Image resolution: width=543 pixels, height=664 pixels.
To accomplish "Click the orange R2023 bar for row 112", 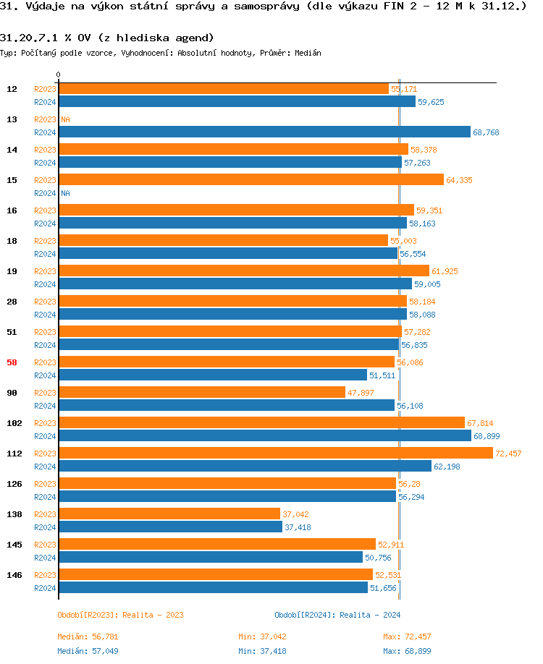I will [275, 454].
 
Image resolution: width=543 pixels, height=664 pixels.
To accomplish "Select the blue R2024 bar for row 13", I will [264, 132].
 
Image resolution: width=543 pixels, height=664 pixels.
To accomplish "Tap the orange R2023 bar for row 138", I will [169, 514].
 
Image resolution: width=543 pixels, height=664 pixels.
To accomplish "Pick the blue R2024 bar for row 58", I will [213, 375].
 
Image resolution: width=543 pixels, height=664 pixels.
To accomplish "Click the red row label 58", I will [12, 362].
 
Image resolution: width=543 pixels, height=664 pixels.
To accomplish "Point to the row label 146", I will [14, 575].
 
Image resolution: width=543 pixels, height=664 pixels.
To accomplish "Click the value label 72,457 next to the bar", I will [508, 454].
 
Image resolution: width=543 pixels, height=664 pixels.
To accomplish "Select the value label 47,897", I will [361, 393].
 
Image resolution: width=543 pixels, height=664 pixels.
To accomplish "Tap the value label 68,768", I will [486, 132].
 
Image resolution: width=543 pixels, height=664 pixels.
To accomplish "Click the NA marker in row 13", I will [65, 119].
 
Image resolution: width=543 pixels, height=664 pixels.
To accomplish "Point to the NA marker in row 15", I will [65, 193].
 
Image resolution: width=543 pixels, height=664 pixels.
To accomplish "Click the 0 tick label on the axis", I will [59, 75].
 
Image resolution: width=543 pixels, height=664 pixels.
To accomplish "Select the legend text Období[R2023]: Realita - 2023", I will [120, 615].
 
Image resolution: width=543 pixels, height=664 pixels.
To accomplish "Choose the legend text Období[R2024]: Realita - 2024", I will [337, 615].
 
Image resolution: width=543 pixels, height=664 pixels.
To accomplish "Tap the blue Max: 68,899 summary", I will [407, 650].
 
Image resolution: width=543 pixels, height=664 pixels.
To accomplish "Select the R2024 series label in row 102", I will [45, 436].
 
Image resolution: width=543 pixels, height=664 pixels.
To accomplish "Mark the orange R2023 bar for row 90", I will [202, 393].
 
